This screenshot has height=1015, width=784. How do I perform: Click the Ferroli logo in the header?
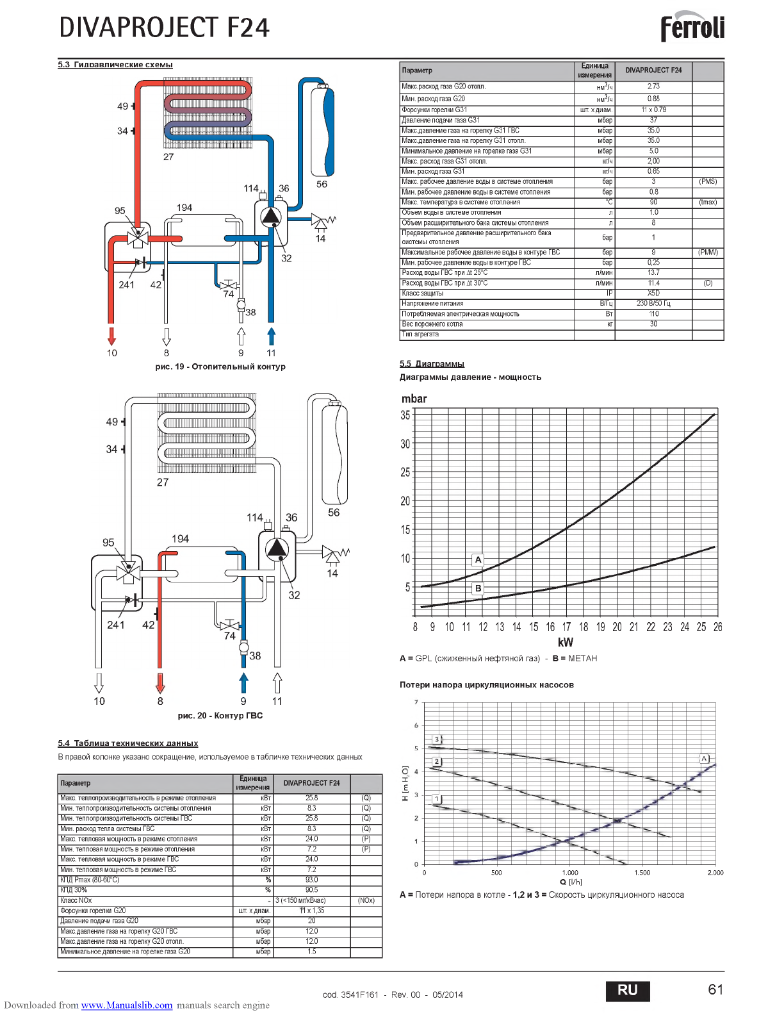(692, 28)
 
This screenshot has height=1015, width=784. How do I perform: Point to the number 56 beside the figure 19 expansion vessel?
(322, 184)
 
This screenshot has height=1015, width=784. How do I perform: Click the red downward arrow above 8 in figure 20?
(160, 683)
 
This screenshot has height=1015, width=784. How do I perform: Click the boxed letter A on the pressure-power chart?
(478, 559)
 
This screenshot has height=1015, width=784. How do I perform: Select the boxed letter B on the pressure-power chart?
(478, 588)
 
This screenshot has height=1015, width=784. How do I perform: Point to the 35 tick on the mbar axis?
(405, 415)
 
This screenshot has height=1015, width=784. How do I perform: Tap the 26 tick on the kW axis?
(717, 627)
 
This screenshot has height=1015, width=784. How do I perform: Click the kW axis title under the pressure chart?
(565, 642)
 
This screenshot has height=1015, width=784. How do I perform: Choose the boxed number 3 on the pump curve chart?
(437, 739)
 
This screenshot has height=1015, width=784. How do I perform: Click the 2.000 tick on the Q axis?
(715, 873)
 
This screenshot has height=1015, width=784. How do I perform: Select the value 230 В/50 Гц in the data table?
(653, 303)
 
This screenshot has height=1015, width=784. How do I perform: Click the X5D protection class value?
(653, 293)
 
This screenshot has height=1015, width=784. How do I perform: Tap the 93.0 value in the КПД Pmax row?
(311, 880)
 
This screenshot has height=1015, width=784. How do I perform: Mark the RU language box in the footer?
(628, 990)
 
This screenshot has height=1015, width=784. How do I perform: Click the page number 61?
(715, 989)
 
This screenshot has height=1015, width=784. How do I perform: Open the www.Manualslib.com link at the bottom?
(127, 1005)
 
